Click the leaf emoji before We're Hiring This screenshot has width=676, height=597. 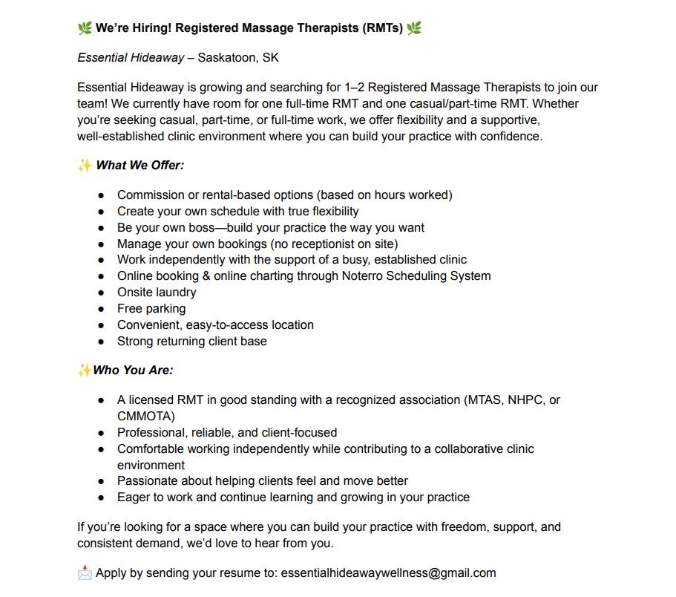point(85,29)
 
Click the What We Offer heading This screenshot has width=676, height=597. point(140,166)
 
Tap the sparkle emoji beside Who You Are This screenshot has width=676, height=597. point(85,371)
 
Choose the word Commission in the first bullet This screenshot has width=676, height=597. point(148,195)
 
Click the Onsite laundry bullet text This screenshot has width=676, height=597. point(157,293)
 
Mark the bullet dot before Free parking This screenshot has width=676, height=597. point(101,309)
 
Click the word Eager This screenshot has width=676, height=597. point(134,497)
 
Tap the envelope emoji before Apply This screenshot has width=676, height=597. point(85,573)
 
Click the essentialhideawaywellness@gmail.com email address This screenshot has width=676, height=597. point(388,573)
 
